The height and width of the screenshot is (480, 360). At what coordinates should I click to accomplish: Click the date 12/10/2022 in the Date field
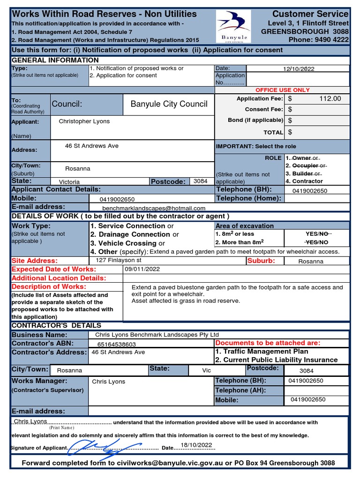click(299, 69)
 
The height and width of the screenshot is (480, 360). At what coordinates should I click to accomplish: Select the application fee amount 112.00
click(330, 99)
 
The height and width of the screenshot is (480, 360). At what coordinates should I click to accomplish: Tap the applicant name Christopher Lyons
click(84, 121)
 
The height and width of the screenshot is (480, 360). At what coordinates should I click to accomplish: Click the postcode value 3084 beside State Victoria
click(201, 181)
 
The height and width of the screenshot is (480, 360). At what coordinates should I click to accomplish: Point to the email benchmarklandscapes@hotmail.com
click(154, 208)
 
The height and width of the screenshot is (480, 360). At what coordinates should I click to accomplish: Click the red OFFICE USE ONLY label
click(282, 90)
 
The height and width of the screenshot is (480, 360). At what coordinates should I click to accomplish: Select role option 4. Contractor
click(304, 181)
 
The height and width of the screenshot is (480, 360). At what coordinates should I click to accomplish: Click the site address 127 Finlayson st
click(119, 260)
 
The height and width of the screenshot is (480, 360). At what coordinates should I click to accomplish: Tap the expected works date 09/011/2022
click(142, 269)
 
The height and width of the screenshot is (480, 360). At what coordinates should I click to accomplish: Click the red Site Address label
click(35, 261)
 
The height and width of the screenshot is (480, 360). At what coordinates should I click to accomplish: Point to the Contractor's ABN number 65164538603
click(117, 344)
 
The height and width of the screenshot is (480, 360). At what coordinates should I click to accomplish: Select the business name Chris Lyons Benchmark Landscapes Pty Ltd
click(157, 335)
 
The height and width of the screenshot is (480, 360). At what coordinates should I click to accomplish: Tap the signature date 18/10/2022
click(196, 445)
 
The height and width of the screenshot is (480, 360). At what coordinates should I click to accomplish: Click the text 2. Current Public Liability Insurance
click(276, 360)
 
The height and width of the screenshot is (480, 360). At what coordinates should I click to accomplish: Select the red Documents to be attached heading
click(267, 343)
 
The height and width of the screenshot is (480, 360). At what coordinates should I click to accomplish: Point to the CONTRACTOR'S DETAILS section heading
click(56, 325)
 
